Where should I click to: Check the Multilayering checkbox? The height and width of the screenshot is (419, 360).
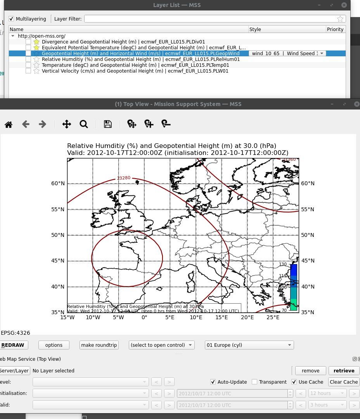click(12, 19)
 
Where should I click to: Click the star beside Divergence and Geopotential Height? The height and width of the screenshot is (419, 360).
click(36, 42)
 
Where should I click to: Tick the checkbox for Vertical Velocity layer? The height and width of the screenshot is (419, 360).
click(28, 71)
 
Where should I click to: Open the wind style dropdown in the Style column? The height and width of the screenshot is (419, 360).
click(287, 53)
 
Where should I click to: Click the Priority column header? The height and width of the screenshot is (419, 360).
click(335, 29)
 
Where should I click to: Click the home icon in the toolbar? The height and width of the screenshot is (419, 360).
click(9, 124)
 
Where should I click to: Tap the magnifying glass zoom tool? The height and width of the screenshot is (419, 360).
click(84, 124)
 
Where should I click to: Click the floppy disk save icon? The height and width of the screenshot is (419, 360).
click(108, 124)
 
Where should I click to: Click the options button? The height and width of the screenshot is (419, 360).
click(54, 345)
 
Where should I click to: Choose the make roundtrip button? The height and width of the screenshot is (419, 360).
click(99, 345)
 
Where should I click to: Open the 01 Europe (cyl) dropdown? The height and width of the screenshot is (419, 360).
click(249, 345)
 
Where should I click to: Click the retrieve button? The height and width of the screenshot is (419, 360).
click(344, 370)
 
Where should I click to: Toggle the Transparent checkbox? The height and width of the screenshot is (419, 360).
click(254, 382)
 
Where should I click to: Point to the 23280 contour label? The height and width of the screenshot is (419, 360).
click(123, 178)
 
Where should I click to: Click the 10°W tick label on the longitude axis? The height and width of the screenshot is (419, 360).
click(93, 318)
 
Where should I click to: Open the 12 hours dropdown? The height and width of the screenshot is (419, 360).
click(326, 393)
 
